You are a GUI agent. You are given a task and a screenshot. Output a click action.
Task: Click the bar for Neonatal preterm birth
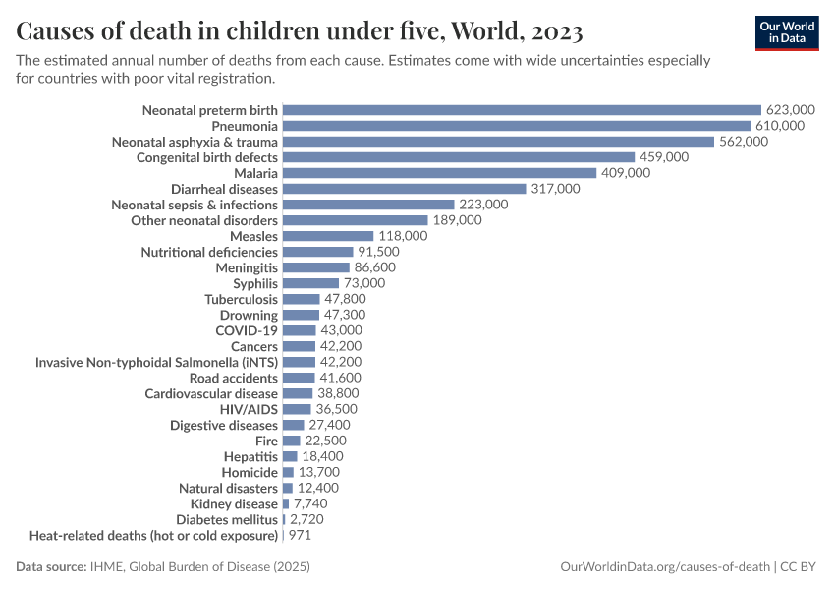[x=522, y=110]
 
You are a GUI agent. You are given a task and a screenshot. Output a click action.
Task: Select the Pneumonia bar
[x=516, y=126]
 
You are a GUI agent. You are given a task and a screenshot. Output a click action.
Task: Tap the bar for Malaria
[x=439, y=173]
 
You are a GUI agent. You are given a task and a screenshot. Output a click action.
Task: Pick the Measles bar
[x=328, y=236]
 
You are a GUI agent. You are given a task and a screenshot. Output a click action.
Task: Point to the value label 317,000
[x=555, y=189]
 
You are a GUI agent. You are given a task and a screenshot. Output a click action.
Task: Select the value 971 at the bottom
[x=301, y=536]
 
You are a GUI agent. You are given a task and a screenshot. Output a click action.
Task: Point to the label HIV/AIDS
[x=249, y=409]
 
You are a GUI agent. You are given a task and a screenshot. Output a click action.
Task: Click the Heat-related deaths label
[x=153, y=536]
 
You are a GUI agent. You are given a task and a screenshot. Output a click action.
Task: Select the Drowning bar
[x=301, y=315]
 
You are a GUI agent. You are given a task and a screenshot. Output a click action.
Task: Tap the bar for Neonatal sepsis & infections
[x=368, y=205]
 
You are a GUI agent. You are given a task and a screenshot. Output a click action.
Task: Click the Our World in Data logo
[x=787, y=32]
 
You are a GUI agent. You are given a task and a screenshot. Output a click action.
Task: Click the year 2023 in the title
[x=556, y=31]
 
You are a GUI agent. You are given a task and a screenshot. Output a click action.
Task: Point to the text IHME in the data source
[x=107, y=567]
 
